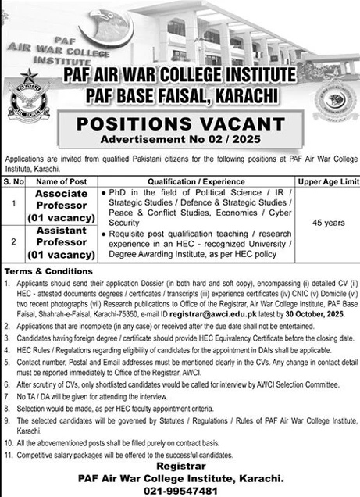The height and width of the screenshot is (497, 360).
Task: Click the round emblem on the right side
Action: [330, 99]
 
